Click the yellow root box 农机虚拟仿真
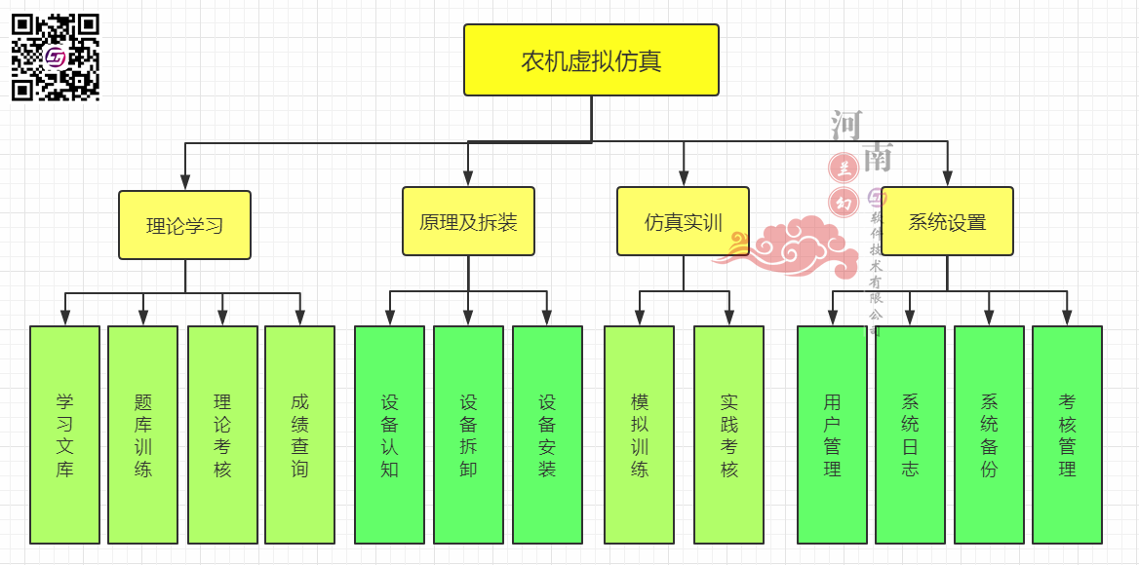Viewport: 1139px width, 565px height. coord(591,60)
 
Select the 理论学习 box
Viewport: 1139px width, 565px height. coord(185,225)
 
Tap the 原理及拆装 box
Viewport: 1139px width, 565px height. coord(468,221)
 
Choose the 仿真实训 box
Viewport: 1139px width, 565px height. coord(683,221)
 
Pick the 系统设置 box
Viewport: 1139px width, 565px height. coord(947,221)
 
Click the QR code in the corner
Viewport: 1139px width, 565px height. coord(56,57)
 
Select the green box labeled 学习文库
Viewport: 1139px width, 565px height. coord(64,434)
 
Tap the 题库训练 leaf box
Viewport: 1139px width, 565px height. coord(142,434)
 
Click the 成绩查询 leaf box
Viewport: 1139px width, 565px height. coord(299,434)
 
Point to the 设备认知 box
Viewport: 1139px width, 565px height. coord(389,434)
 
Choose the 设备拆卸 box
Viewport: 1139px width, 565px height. coord(468,434)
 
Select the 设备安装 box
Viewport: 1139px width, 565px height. coord(547,434)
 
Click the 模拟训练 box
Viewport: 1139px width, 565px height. coord(639,434)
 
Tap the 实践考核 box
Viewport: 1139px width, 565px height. coord(728,434)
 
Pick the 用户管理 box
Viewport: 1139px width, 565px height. coord(832,434)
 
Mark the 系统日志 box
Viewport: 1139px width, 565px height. coord(910,434)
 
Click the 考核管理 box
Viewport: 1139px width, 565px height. coord(1067,434)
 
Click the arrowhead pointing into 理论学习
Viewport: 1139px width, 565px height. coord(185,181)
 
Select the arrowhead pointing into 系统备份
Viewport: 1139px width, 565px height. coord(989,317)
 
